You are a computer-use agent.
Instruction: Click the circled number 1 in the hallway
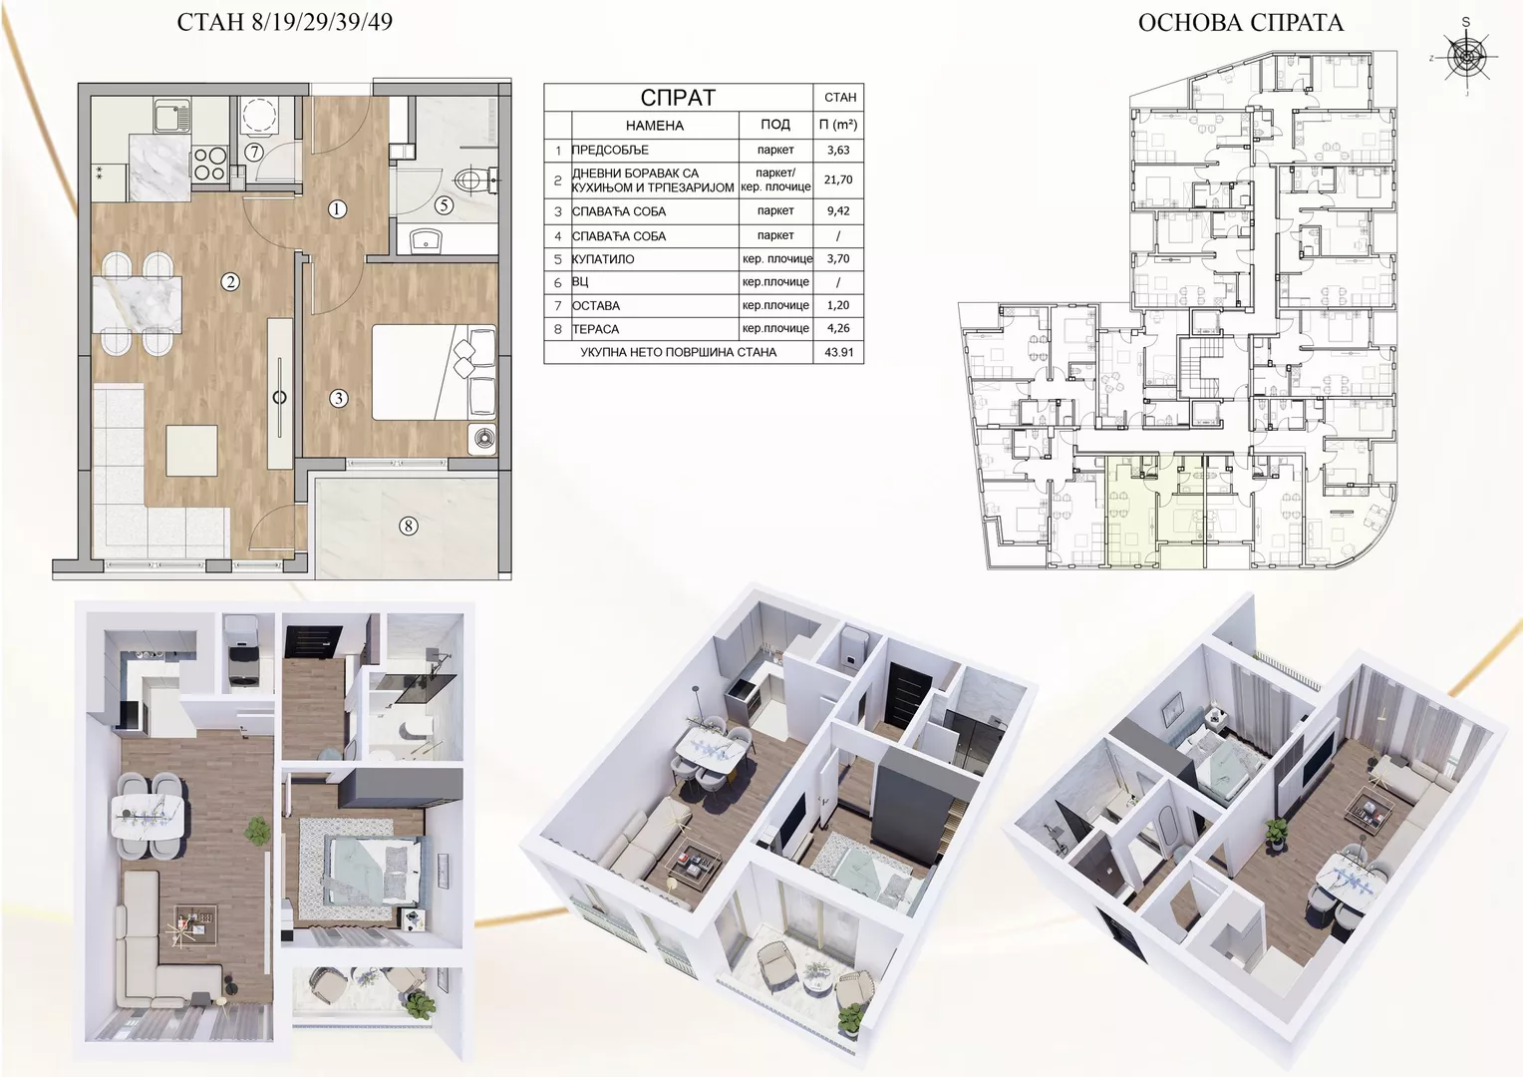point(337,208)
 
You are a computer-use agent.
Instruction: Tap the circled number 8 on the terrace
point(408,526)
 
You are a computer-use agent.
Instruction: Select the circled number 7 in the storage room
point(253,152)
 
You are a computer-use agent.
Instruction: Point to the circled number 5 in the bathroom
point(444,204)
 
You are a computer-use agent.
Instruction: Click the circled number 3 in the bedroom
point(339,398)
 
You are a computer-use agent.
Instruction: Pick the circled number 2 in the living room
point(231,281)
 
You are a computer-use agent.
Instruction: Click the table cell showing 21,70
point(838,180)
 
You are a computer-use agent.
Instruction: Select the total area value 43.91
point(839,353)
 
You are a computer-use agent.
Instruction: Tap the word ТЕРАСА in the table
point(596,329)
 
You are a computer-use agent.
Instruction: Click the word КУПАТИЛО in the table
point(603,259)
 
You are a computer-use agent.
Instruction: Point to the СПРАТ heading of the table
point(678,98)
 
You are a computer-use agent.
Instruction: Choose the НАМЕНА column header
point(655,126)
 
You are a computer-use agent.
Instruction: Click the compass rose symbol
point(1466,56)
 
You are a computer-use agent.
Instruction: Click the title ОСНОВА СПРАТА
point(1241,23)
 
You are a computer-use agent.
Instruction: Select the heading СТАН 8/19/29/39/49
point(285,23)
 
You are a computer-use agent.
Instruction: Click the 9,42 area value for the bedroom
point(838,211)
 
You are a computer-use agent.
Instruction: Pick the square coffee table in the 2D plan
point(192,451)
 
